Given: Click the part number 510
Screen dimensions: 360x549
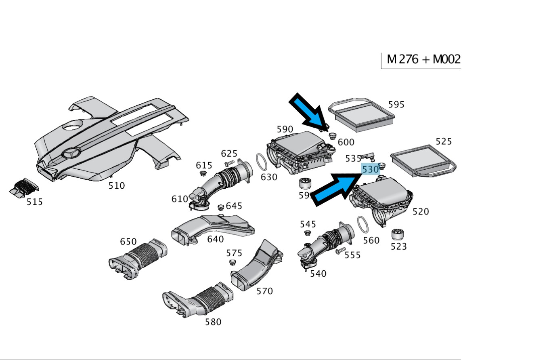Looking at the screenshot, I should tap(117, 186).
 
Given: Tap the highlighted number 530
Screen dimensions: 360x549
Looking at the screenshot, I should tap(370, 169).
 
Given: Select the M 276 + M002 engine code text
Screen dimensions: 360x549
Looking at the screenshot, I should tap(423, 60).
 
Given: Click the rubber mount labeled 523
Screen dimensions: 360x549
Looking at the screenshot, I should tap(398, 234).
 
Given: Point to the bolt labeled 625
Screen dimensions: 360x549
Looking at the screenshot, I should tap(228, 164).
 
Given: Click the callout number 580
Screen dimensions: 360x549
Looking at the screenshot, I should tap(213, 322).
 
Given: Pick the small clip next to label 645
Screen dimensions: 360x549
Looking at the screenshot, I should tap(221, 207).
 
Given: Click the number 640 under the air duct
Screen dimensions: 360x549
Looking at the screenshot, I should tap(216, 239).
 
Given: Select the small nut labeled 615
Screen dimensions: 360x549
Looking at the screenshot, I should tap(203, 174).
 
